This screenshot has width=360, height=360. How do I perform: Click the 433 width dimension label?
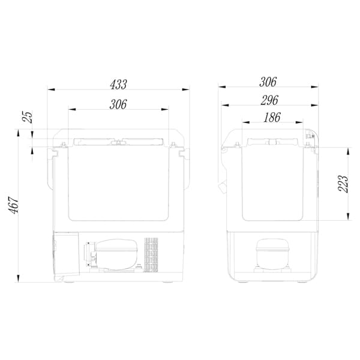(x=118, y=85)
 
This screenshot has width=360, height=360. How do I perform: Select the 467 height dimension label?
(x=14, y=205)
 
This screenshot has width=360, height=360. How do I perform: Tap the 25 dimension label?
(x=28, y=117)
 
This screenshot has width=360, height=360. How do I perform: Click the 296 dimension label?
(x=269, y=100)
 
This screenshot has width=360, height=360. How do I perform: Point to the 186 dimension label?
(x=272, y=118)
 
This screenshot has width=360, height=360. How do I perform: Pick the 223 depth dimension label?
(x=343, y=184)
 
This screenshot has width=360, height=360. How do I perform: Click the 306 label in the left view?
(x=118, y=104)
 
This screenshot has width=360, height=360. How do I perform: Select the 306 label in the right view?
(x=268, y=82)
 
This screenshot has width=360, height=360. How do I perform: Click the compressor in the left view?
(x=112, y=254)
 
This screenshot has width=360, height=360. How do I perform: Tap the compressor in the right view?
(x=272, y=256)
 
